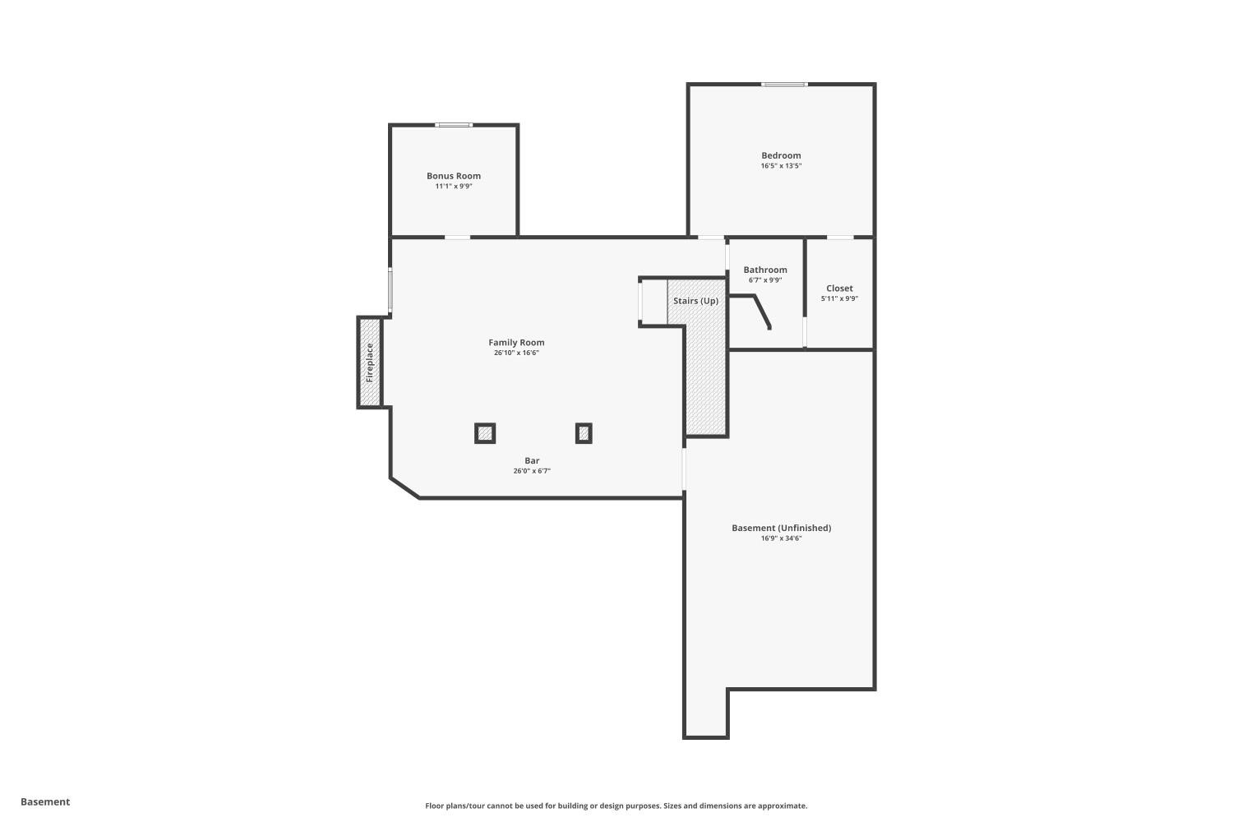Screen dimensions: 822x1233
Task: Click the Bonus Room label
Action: click(x=453, y=176)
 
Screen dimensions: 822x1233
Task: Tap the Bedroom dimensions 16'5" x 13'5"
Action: click(x=781, y=166)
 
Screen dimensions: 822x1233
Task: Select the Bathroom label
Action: click(x=765, y=270)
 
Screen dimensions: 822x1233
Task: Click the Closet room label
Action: click(x=839, y=289)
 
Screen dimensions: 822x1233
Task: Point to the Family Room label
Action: click(x=516, y=343)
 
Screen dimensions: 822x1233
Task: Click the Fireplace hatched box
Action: click(x=370, y=363)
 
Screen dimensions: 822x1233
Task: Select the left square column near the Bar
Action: click(x=485, y=433)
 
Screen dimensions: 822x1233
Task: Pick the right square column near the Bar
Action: click(x=584, y=433)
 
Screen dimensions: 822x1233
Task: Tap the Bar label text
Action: click(x=532, y=461)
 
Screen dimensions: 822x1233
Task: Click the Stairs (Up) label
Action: click(x=695, y=301)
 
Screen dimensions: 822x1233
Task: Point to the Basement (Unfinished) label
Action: click(x=781, y=528)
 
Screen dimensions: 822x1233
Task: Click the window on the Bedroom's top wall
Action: click(x=783, y=84)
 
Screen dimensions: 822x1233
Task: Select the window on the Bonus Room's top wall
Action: click(x=454, y=125)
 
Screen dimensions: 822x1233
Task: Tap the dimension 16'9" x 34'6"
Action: click(x=781, y=539)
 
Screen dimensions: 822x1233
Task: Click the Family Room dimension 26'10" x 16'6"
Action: click(x=516, y=353)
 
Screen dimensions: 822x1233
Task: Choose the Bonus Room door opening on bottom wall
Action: click(x=457, y=238)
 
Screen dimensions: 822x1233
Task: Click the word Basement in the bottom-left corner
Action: click(x=45, y=801)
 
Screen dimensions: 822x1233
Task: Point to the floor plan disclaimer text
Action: click(x=616, y=806)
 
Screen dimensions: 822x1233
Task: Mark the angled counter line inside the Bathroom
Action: click(x=761, y=311)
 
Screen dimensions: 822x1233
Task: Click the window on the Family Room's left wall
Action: click(x=390, y=289)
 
